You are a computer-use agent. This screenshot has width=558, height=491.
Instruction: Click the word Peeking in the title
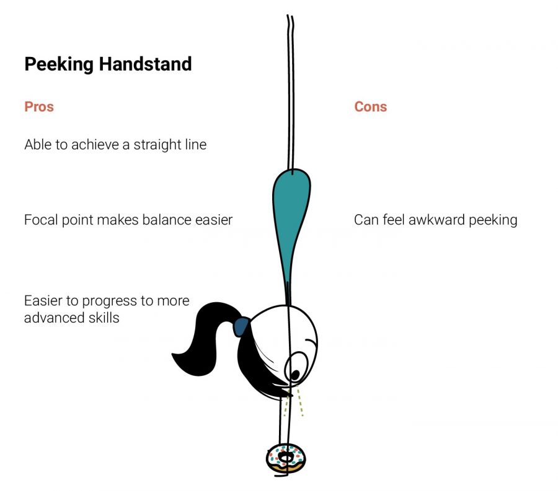59,64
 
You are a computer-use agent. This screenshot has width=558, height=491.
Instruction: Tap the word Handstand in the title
145,64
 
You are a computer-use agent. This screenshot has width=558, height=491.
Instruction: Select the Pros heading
39,106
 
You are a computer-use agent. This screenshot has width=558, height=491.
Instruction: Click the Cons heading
371,106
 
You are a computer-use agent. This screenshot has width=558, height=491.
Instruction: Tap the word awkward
436,220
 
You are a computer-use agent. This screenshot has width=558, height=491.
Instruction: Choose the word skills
104,318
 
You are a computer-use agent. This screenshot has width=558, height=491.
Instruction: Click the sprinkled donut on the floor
286,459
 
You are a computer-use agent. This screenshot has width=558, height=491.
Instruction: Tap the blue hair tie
241,327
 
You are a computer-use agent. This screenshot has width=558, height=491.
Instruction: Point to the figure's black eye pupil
295,375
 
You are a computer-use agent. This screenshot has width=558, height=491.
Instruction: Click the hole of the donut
285,457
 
